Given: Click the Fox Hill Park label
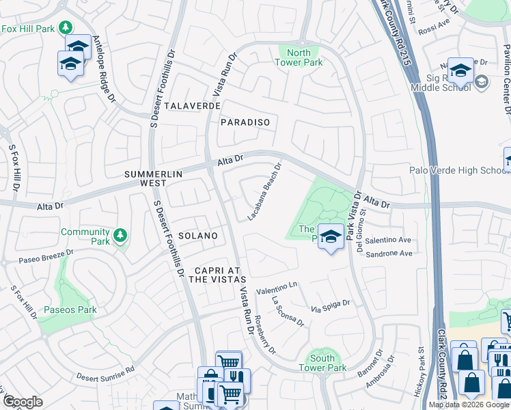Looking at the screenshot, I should pos(28,29).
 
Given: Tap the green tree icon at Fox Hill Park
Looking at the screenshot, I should pos(66,28).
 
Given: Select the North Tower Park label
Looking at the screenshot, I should pos(298,57).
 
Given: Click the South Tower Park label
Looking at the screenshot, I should pos(322,363).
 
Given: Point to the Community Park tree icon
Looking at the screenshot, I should pos(120,235).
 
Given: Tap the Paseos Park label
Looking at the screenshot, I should pos(70,310).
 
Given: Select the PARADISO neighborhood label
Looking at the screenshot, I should pos(245,122).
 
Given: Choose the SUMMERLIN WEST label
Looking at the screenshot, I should pos(154,179).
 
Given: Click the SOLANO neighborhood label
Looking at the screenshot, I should pos(198,236).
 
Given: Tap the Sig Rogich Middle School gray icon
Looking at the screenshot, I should pos(482,83).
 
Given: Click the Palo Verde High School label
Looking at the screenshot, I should pos(456,170).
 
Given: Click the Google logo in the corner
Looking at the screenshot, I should pos(23,402).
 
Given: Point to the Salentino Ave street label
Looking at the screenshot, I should pos(387,241).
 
